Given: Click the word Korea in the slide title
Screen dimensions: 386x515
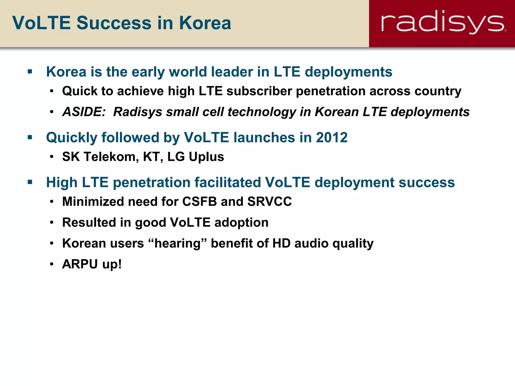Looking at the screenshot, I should pyautogui.click(x=205, y=23).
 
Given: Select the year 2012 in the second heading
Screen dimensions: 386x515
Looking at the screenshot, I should pyautogui.click(x=332, y=137).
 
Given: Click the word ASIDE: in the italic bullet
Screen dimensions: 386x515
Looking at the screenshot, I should pyautogui.click(x=84, y=112).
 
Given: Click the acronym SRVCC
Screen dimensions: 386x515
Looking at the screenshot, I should pyautogui.click(x=269, y=202).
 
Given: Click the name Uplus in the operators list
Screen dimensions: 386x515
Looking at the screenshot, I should pyautogui.click(x=206, y=157).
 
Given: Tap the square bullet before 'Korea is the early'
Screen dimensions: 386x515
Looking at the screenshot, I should pyautogui.click(x=30, y=72).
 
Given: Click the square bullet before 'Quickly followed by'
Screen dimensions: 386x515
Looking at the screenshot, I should pyautogui.click(x=30, y=137).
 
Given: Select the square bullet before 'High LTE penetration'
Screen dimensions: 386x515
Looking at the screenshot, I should pyautogui.click(x=30, y=182).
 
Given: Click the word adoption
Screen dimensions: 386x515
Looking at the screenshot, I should pyautogui.click(x=241, y=223).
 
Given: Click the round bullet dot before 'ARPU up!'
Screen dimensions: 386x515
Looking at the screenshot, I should pyautogui.click(x=52, y=264).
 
